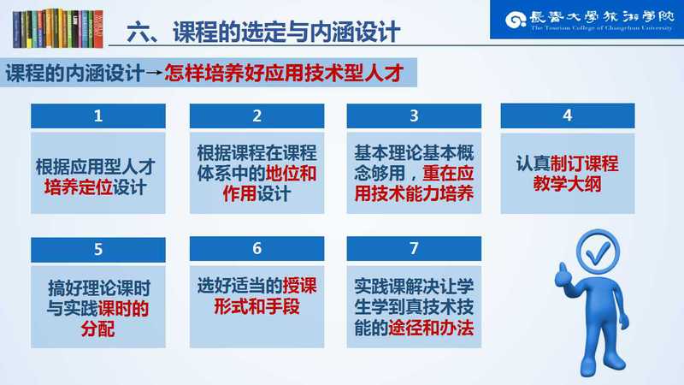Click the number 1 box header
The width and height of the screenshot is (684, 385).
98,115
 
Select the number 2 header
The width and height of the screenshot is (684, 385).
257,115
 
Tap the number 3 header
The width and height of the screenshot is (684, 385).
414,115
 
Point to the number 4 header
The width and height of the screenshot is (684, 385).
568,115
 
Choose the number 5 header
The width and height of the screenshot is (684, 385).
98,249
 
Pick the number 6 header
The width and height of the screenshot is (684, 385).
257,248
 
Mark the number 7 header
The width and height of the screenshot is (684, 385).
414,248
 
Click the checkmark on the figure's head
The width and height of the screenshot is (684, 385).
598,252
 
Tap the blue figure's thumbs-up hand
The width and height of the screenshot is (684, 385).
563,275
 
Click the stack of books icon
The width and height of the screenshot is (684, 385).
58,28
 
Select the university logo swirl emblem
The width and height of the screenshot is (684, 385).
516,20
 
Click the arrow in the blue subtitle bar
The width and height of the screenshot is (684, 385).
154,73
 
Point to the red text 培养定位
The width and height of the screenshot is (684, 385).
79,187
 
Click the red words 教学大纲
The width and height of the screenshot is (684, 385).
568,184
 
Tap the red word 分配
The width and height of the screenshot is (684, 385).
98,329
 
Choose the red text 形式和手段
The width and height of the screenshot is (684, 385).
257,306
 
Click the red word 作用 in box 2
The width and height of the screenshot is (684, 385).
239,193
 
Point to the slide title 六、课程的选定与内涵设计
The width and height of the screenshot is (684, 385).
263,32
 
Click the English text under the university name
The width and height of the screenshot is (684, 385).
602,28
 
